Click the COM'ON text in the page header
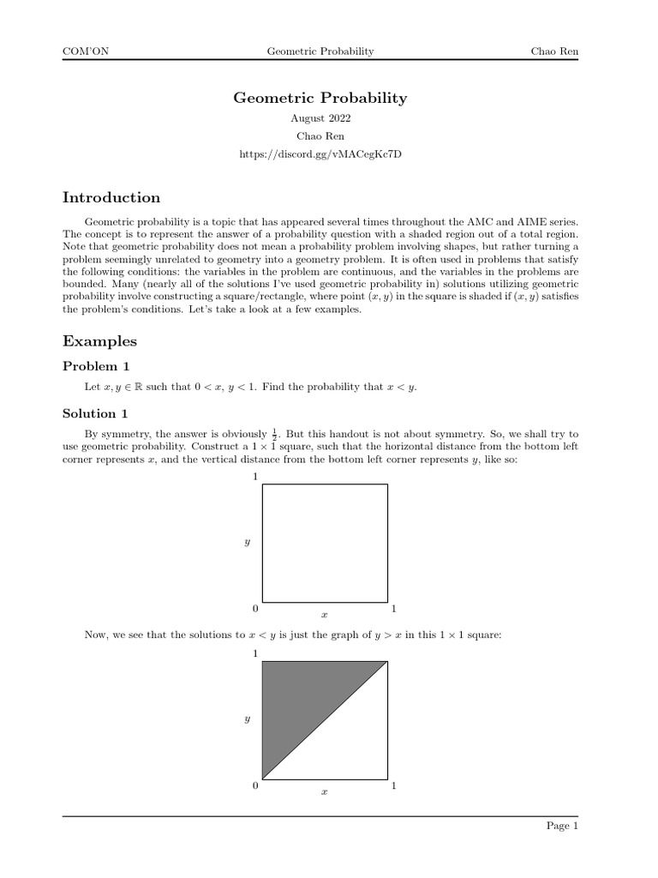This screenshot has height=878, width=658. coord(86,52)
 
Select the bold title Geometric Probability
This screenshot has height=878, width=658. coord(320,98)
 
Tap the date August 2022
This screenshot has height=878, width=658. coord(320,119)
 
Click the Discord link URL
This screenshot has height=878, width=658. coord(320,154)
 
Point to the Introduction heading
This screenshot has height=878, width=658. coord(111,198)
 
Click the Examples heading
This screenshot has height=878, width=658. coord(99,341)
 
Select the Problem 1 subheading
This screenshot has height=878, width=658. coord(97,367)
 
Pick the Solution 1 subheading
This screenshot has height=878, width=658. coord(97,413)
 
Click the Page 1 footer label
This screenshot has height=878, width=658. coord(563,827)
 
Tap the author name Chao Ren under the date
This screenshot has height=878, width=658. coord(320,136)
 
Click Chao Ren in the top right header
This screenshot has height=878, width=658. coord(555,52)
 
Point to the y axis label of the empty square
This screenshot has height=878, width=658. coord(247,543)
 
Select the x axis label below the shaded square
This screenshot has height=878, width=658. coord(324,792)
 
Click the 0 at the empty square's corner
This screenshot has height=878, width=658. coord(255,609)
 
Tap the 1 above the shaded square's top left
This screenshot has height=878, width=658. coord(255,653)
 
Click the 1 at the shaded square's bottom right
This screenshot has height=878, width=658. coord(393,785)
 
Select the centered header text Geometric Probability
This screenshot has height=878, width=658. coord(320,52)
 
